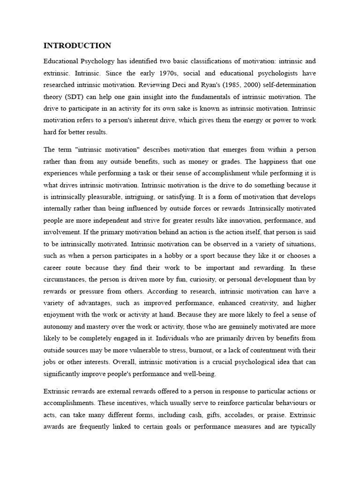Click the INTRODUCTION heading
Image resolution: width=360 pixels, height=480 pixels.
[77, 45]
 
